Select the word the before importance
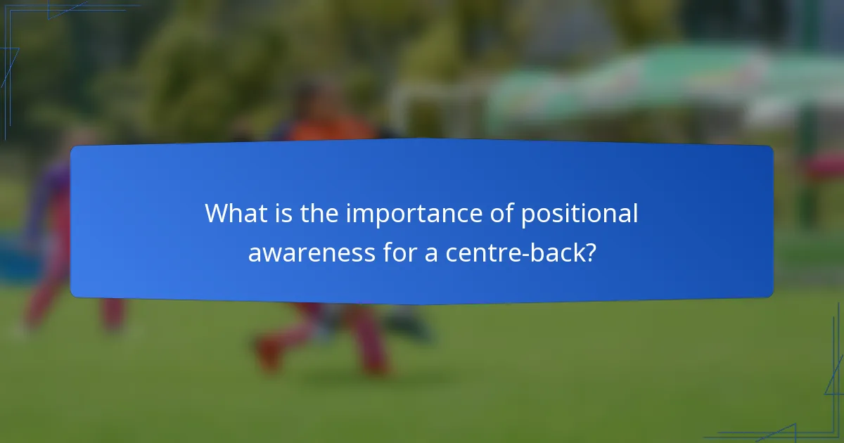click(x=320, y=214)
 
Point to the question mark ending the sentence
click(x=590, y=252)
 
